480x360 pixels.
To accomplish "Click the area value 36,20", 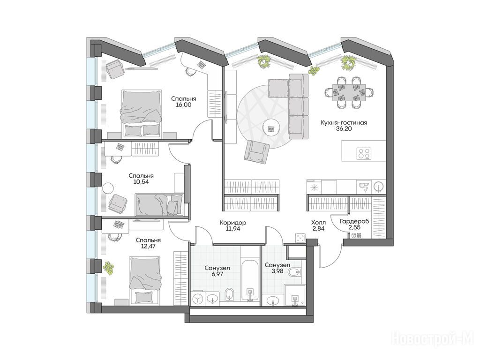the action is click(x=344, y=129).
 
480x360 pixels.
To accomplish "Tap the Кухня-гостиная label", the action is click(x=344, y=123).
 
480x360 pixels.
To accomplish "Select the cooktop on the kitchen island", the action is click(x=364, y=153).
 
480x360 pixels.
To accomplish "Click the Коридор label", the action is click(x=233, y=223).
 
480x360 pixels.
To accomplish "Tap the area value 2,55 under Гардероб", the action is click(x=354, y=227).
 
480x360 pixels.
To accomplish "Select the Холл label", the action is click(x=318, y=223).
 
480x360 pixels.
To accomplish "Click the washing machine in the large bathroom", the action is click(x=198, y=299).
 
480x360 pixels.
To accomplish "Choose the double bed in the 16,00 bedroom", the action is click(x=142, y=112).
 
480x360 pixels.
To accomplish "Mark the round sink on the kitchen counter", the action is click(x=379, y=187).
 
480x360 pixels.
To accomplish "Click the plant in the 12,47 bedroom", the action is click(x=108, y=268).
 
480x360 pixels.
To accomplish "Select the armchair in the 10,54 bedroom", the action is click(x=118, y=203).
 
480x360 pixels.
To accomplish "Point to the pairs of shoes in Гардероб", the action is click(x=356, y=235).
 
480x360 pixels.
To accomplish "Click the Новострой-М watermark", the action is click(x=433, y=339).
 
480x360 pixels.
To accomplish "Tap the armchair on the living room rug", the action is click(x=257, y=150).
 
